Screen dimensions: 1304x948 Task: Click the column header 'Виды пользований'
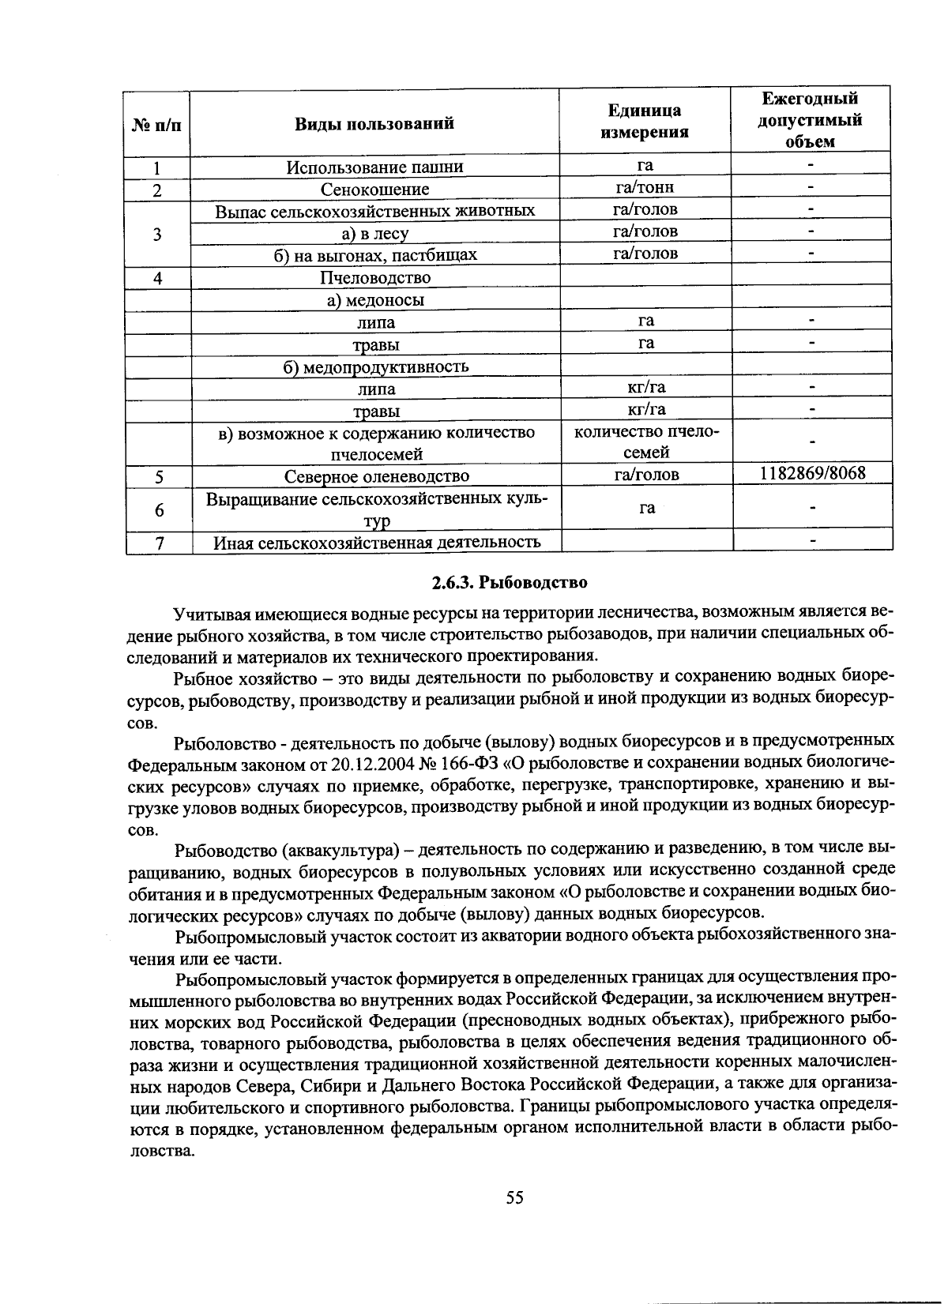[374, 122]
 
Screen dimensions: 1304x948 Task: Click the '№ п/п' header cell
[156, 124]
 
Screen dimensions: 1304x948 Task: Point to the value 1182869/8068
[812, 473]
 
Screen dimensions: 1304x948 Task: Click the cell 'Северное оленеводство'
[376, 476]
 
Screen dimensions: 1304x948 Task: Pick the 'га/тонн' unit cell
[645, 187]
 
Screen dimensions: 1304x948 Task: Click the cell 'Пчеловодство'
[375, 278]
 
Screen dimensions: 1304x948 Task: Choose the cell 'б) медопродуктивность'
[376, 367]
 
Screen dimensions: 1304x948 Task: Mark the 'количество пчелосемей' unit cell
[646, 442]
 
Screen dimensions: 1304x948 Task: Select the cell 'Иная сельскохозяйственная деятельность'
[377, 543]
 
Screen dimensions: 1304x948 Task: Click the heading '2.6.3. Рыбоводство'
[510, 583]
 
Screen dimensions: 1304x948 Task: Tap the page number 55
[514, 1197]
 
